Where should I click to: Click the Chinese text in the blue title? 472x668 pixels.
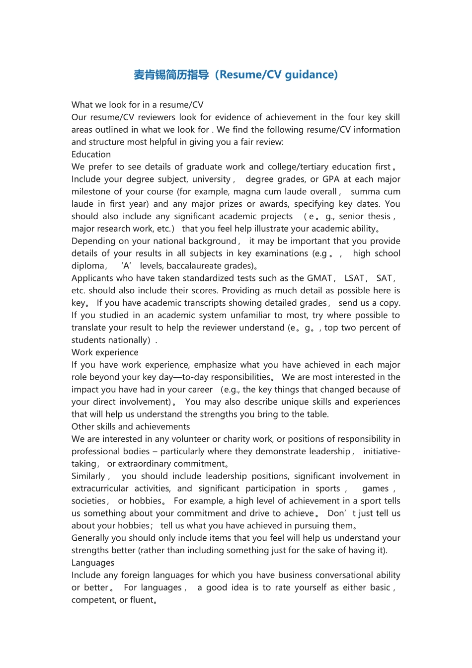click(171, 75)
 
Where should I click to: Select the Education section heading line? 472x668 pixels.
click(91, 155)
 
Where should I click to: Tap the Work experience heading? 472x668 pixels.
click(105, 352)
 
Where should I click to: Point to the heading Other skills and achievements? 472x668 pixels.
click(131, 426)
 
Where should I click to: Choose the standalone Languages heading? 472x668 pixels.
click(93, 563)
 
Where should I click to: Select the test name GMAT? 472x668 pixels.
click(319, 278)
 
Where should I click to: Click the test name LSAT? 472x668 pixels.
click(355, 278)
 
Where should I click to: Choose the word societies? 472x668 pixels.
click(89, 501)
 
